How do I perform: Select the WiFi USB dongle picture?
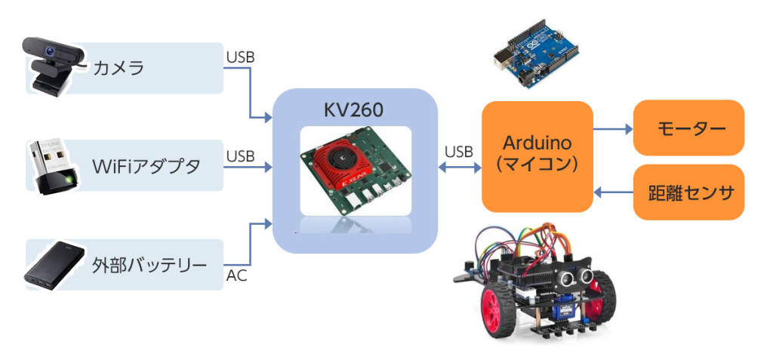point(51,166)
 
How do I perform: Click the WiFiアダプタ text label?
point(146,165)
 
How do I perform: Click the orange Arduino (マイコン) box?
point(537,156)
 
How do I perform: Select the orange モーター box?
point(688,128)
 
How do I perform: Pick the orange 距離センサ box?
point(688,192)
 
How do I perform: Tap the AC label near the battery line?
point(236,276)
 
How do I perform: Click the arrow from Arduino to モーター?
point(612,129)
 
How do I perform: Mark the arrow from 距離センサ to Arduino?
point(612,192)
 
